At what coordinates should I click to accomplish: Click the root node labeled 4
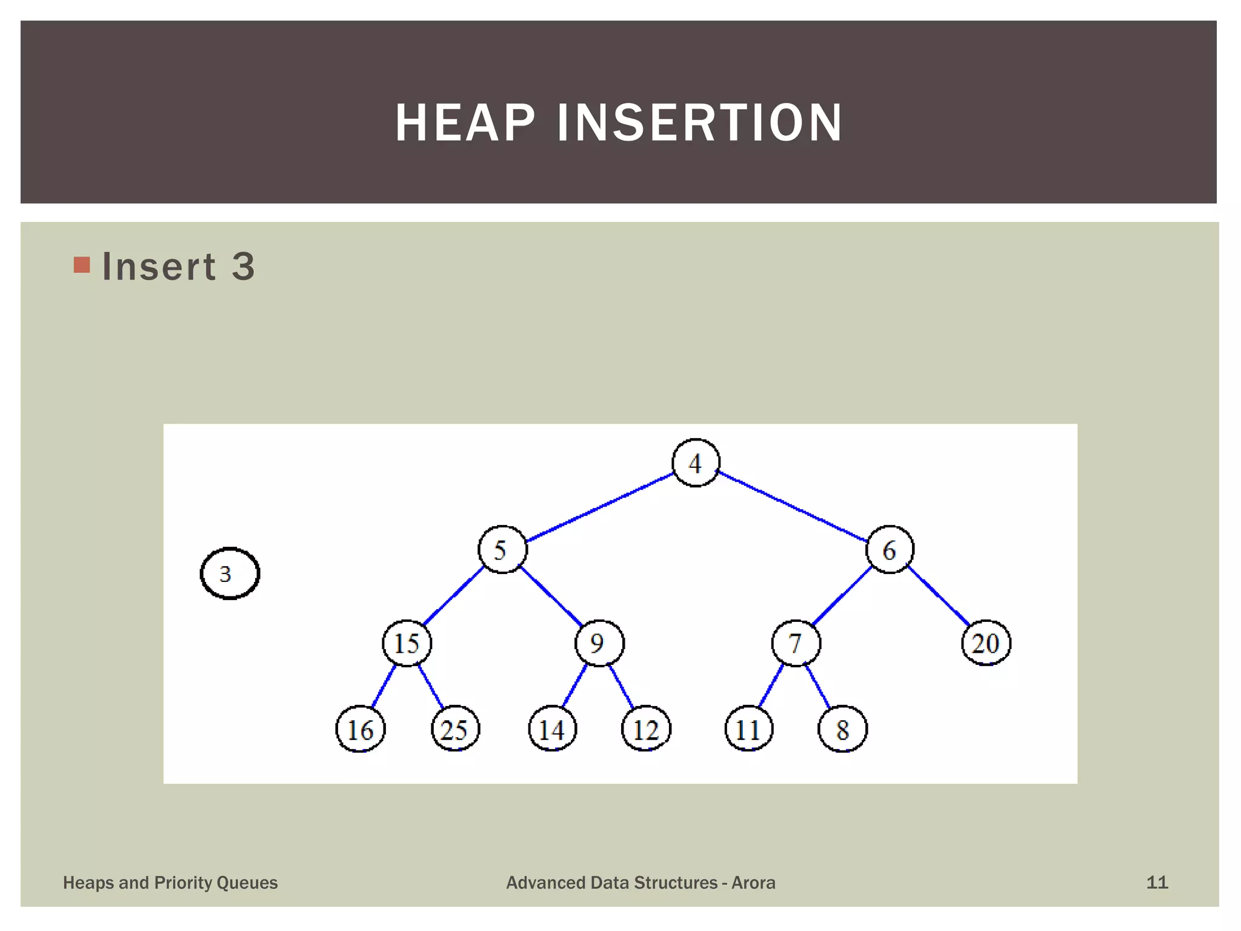pos(696,463)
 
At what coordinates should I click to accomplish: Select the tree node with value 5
pos(502,550)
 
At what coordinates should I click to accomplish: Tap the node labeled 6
pos(890,550)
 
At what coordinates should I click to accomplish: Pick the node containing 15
pos(407,643)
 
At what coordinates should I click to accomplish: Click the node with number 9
pos(599,643)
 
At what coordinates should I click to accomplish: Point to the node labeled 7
pos(796,643)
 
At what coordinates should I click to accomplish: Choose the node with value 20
pos(986,643)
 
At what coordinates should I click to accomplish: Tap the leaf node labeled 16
pos(360,729)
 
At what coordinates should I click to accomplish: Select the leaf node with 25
pos(455,729)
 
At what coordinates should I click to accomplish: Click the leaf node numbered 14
pos(552,729)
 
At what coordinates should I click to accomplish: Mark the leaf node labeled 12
pos(646,729)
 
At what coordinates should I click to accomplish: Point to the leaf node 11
pos(749,729)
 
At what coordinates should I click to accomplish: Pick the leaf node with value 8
pos(842,729)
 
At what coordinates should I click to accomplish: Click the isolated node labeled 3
pos(230,573)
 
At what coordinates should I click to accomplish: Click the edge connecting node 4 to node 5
pos(600,507)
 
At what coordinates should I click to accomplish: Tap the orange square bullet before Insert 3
pos(82,265)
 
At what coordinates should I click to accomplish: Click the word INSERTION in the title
pos(699,123)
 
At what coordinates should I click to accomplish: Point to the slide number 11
pos(1157,883)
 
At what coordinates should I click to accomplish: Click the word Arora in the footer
pos(753,883)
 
